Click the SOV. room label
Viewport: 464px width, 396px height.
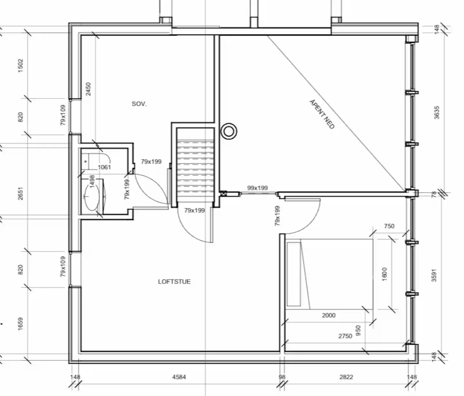tap(139, 104)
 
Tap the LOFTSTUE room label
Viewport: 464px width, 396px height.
tap(174, 282)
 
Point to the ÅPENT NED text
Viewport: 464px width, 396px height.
tap(322, 114)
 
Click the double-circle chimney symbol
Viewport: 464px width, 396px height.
tap(229, 131)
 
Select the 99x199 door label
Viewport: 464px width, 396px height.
tap(257, 188)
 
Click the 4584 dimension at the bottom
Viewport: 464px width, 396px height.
tap(179, 377)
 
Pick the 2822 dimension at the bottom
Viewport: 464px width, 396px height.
tap(346, 377)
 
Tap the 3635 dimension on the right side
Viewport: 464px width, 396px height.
tap(436, 113)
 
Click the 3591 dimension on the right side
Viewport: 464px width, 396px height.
tap(434, 275)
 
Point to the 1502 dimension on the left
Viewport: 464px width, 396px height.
tap(20, 65)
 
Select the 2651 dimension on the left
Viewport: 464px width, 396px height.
tap(20, 194)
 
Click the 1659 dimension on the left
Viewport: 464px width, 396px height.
tap(20, 324)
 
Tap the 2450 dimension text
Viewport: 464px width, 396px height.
tap(88, 89)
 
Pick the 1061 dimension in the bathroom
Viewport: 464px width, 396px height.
tap(104, 167)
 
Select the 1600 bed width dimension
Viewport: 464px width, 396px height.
tap(384, 274)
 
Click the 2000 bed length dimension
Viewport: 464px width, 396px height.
tap(329, 315)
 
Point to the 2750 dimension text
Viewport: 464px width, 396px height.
tap(345, 336)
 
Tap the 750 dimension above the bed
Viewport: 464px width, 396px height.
tap(389, 226)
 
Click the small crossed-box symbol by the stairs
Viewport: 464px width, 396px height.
tap(223, 194)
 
